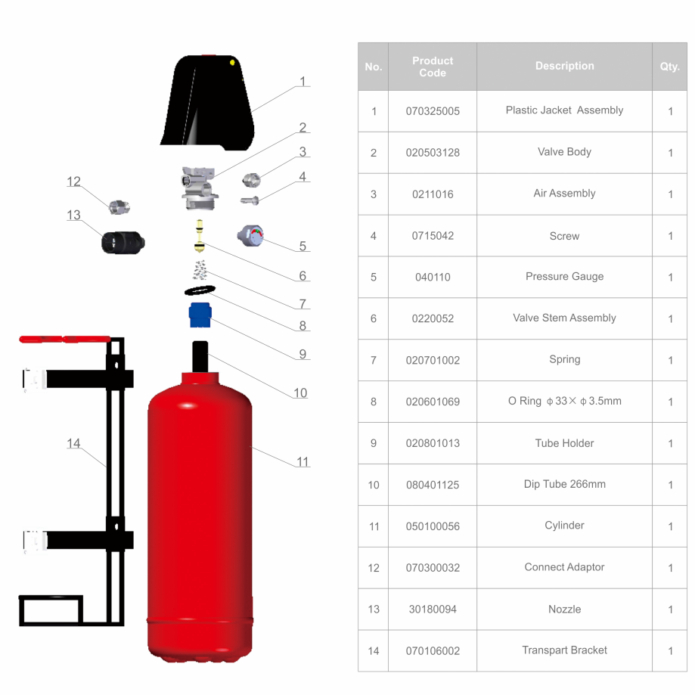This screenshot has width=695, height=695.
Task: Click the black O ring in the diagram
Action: pos(200,291)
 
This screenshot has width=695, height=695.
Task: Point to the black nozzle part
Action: pos(123,242)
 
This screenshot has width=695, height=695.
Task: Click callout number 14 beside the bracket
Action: pos(73,443)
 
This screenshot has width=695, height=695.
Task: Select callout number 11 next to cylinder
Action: pos(303,462)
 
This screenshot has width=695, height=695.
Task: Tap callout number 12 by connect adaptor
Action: pos(73,182)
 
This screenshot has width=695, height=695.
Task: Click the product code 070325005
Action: pos(432,111)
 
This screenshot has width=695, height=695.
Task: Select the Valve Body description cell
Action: pos(564,152)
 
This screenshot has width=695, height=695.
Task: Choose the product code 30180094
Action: pos(432,609)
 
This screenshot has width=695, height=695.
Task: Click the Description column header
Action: pos(564,67)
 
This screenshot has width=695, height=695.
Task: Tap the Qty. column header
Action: pos(669,67)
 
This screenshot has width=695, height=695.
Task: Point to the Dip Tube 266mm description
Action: pos(564,484)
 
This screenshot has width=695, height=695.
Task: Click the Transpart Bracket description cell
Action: pos(564,650)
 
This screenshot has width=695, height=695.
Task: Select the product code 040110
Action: pos(432,277)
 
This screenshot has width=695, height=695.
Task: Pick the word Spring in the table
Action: pos(564,359)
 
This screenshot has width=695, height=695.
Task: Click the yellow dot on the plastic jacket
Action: pos(232,62)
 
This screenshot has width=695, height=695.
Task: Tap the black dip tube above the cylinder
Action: pos(200,356)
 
